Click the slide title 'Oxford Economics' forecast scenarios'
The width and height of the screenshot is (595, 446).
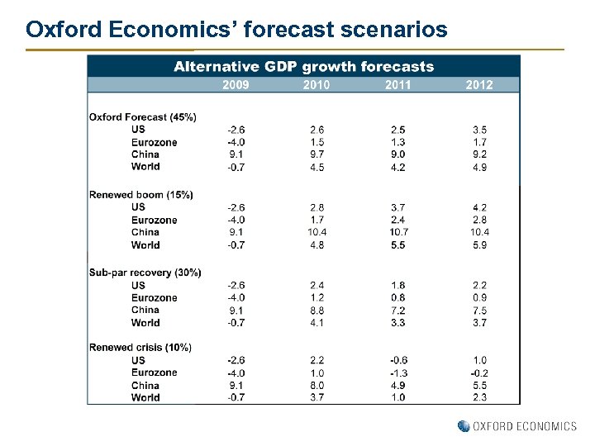pyautogui.click(x=236, y=31)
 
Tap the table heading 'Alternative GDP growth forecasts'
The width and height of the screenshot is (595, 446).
pyautogui.click(x=303, y=67)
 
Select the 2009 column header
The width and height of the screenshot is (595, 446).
pyautogui.click(x=236, y=84)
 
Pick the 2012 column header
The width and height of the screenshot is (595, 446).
pyautogui.click(x=479, y=84)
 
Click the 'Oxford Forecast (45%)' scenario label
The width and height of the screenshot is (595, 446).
pyautogui.click(x=143, y=116)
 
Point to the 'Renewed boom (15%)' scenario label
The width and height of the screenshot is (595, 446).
pyautogui.click(x=141, y=195)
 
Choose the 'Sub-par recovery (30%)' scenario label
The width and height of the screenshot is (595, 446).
pyautogui.click(x=145, y=273)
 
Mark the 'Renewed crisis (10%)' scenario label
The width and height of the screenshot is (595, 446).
pyautogui.click(x=140, y=348)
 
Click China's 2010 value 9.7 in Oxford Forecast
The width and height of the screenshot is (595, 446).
pyautogui.click(x=317, y=154)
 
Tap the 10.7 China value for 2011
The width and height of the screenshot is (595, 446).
pyautogui.click(x=397, y=232)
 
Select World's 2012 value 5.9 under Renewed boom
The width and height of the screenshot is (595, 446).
pyautogui.click(x=479, y=244)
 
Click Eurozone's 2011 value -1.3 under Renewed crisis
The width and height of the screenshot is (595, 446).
pyautogui.click(x=397, y=372)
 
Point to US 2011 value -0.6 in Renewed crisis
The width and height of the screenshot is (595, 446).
pyautogui.click(x=397, y=360)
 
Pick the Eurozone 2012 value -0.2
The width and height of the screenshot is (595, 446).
pyautogui.click(x=478, y=372)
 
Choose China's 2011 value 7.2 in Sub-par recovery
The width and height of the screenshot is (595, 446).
pyautogui.click(x=397, y=310)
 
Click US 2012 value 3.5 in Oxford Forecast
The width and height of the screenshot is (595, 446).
pyautogui.click(x=479, y=130)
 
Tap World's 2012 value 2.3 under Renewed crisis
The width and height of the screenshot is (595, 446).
pyautogui.click(x=479, y=397)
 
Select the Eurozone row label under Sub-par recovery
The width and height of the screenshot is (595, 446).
pyautogui.click(x=154, y=297)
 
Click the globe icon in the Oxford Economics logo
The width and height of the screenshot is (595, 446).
pyautogui.click(x=464, y=426)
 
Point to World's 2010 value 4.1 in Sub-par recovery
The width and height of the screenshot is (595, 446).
pyautogui.click(x=317, y=322)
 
